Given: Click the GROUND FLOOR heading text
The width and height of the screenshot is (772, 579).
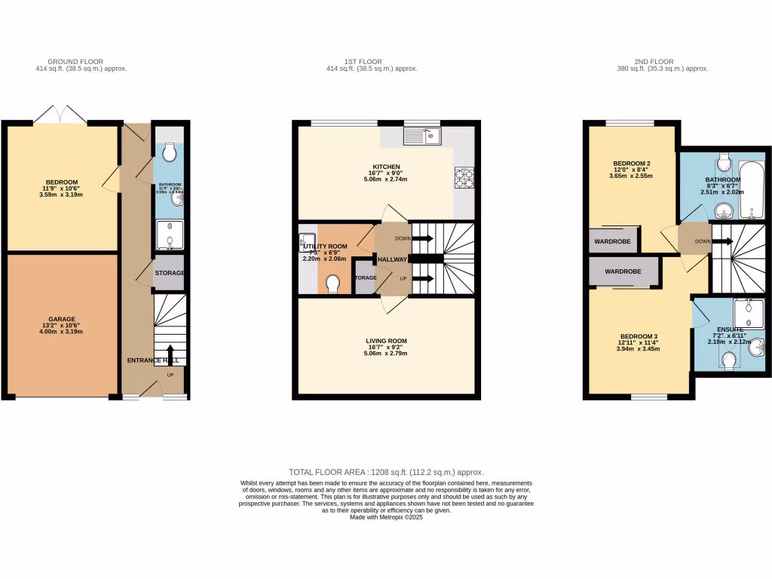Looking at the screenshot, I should pos(75,62).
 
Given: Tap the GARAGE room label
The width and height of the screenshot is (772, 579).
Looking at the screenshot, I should pos(63,319).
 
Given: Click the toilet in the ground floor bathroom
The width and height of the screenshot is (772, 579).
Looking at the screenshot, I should pos(170,153).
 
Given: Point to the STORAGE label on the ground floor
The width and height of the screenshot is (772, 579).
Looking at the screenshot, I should pos(170,273).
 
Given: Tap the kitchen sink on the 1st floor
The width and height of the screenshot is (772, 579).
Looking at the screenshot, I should pos(421,136).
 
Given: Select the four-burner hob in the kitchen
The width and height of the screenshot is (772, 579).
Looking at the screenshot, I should pos(463,177).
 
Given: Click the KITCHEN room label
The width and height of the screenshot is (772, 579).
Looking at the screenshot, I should pos(386,167).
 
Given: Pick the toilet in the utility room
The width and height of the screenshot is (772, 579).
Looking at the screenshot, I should pos(332,283).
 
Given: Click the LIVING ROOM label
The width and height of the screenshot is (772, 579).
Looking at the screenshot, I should pos(386,341).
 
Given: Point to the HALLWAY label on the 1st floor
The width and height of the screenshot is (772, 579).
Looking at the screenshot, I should pos(392,259).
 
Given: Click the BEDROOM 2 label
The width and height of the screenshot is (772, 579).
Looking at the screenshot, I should pos(631,163).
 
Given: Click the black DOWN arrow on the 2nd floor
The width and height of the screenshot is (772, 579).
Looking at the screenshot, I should pos(721,241).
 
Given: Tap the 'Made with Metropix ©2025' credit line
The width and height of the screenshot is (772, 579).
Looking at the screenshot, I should pos(386,517).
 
